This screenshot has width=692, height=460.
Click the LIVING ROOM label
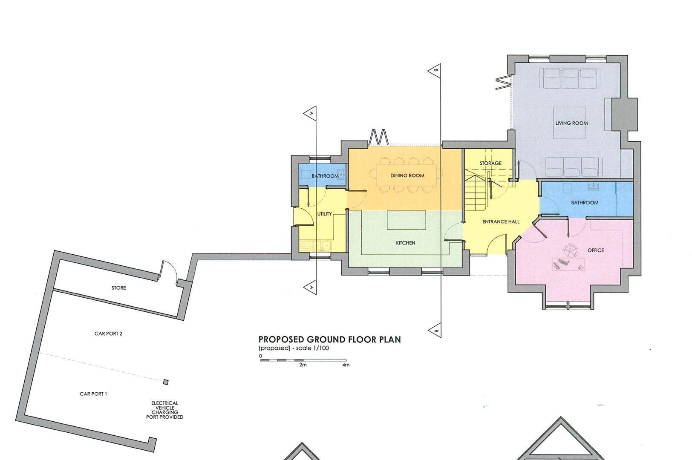click(x=571, y=123)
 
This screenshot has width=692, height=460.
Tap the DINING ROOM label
click(x=407, y=175)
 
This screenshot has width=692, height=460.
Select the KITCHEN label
click(x=405, y=243)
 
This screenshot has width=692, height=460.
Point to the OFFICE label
click(x=595, y=250)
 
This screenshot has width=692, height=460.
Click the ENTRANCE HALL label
click(x=501, y=221)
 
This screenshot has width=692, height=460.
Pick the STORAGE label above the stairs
click(x=490, y=163)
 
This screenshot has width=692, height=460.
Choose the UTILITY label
click(x=324, y=214)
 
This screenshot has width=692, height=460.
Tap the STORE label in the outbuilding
click(x=119, y=288)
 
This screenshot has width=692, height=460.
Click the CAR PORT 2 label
click(x=108, y=333)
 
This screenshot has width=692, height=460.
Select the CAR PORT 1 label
click(x=93, y=394)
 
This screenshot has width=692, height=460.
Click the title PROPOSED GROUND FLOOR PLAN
click(x=329, y=339)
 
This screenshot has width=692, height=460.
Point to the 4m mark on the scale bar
click(x=346, y=365)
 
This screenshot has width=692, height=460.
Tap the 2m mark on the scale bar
click(x=303, y=365)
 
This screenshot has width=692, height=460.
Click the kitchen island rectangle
click(x=407, y=220)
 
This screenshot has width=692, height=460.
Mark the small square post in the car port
click(x=166, y=382)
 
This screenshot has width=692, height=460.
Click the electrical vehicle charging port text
click(x=164, y=410)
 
